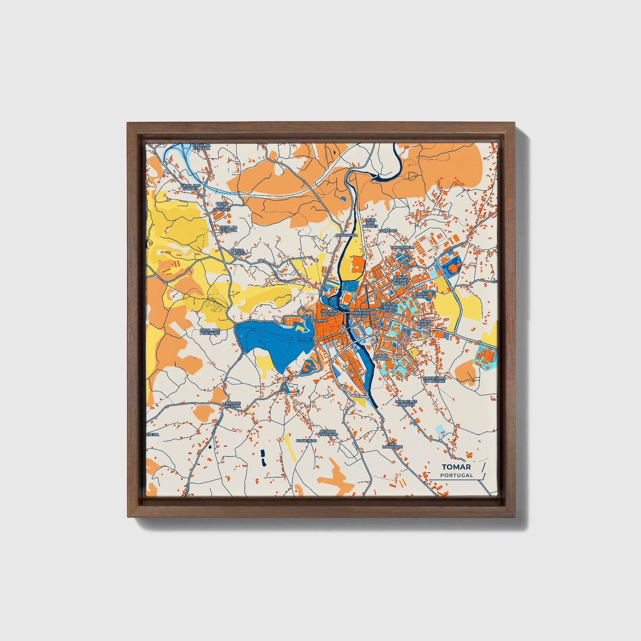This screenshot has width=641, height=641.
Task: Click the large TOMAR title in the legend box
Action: (x=456, y=467)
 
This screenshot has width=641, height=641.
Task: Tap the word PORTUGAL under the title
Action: (x=456, y=475)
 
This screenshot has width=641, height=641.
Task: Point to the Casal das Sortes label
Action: (x=191, y=187)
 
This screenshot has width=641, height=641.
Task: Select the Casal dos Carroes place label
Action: (x=221, y=206)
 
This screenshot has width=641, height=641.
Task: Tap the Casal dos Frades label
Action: (x=370, y=223)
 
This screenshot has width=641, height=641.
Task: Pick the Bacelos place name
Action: (x=389, y=231)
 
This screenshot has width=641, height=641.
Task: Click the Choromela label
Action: (x=402, y=247)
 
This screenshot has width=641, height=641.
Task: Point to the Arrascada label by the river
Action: (x=346, y=235)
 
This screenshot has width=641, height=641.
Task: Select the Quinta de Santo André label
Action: (x=402, y=280)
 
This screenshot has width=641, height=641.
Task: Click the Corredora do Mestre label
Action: (x=434, y=380)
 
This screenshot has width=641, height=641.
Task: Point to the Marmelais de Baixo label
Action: (x=405, y=402)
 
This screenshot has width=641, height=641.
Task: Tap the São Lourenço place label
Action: (x=392, y=445)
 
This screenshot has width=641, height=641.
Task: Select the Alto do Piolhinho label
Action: (x=328, y=433)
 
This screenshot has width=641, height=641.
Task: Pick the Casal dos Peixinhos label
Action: (x=210, y=331)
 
